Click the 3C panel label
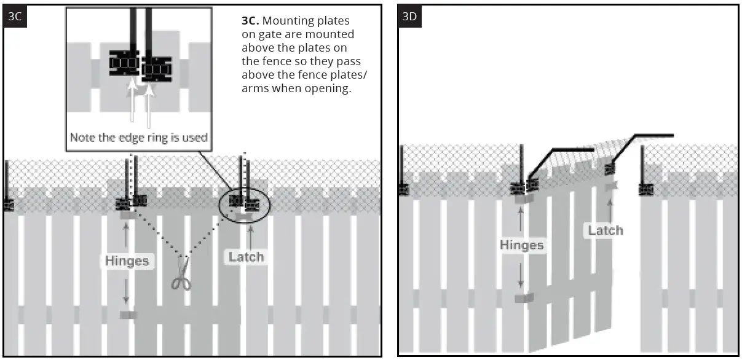[x=15, y=17]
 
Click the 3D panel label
[x=409, y=17]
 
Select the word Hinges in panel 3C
[x=126, y=260]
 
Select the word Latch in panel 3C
[x=247, y=257]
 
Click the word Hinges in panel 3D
[x=521, y=245]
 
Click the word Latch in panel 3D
[x=606, y=230]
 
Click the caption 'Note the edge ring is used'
[x=138, y=137]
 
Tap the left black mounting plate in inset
[x=124, y=63]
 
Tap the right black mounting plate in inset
[x=156, y=69]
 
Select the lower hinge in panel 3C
[x=128, y=315]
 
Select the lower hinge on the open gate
[x=524, y=298]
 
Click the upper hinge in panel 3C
[x=128, y=214]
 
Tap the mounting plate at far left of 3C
[x=9, y=205]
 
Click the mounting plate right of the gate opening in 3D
[x=645, y=189]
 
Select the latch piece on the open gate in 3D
[x=610, y=186]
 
